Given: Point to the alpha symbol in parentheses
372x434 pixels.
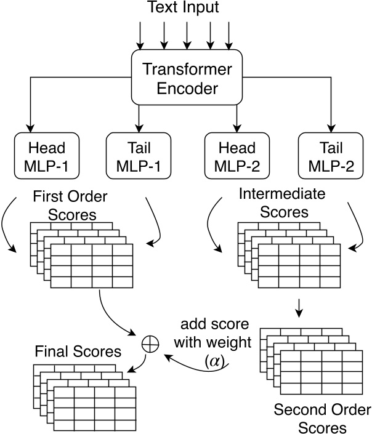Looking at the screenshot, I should pos(215,363).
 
